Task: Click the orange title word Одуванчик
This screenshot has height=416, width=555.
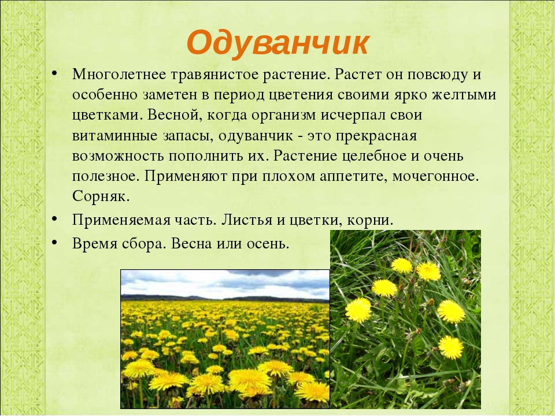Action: pos(278,43)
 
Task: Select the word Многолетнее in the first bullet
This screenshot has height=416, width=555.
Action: pos(119,75)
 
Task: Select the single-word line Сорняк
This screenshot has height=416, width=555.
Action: pos(101,196)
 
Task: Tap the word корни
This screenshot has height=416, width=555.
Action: pos(370,220)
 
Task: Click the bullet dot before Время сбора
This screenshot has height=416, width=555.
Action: pos(54,242)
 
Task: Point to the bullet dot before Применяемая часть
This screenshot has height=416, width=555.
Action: pos(54,218)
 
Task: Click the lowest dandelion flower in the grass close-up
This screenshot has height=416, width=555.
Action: pos(450,347)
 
